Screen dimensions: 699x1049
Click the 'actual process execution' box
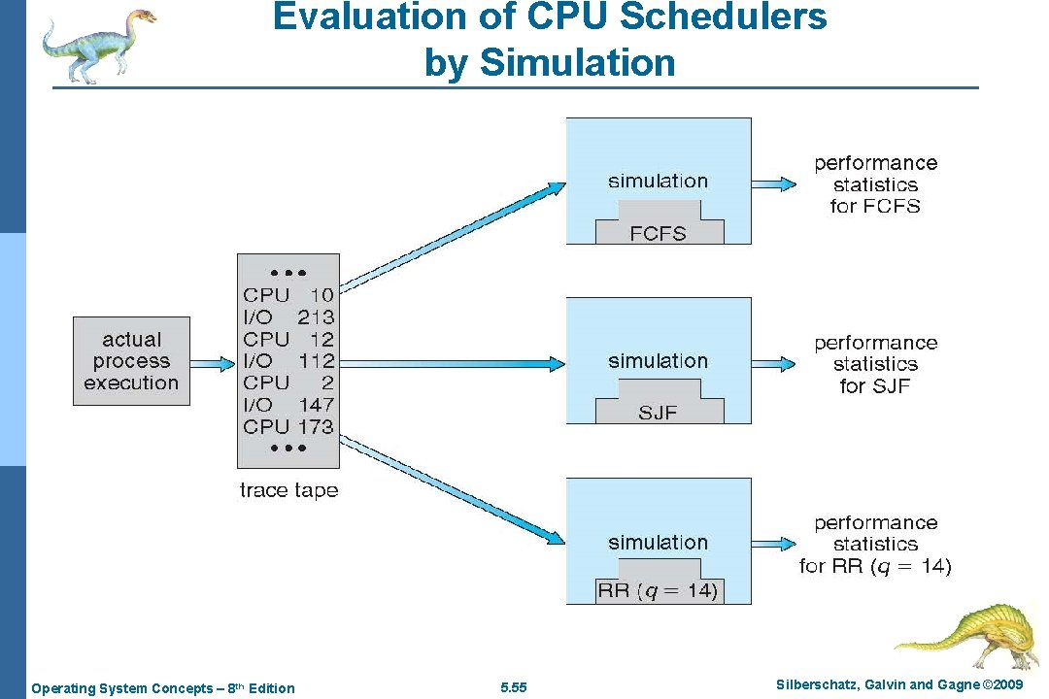(x=131, y=361)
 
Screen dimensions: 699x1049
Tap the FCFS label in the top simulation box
(x=659, y=234)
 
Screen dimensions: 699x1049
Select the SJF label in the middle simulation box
(x=658, y=413)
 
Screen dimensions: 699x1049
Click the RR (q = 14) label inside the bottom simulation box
(x=659, y=590)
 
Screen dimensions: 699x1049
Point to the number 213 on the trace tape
(x=316, y=316)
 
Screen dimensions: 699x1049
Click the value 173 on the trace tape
(x=316, y=426)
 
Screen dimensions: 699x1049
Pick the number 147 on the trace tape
(x=316, y=405)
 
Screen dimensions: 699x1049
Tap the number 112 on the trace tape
(x=316, y=361)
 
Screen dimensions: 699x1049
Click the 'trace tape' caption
(x=288, y=490)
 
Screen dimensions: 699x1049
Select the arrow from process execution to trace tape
(x=213, y=364)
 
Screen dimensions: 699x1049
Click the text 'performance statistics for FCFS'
(x=875, y=184)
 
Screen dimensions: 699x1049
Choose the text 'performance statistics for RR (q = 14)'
(x=875, y=545)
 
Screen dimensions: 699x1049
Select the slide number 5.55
(x=513, y=688)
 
